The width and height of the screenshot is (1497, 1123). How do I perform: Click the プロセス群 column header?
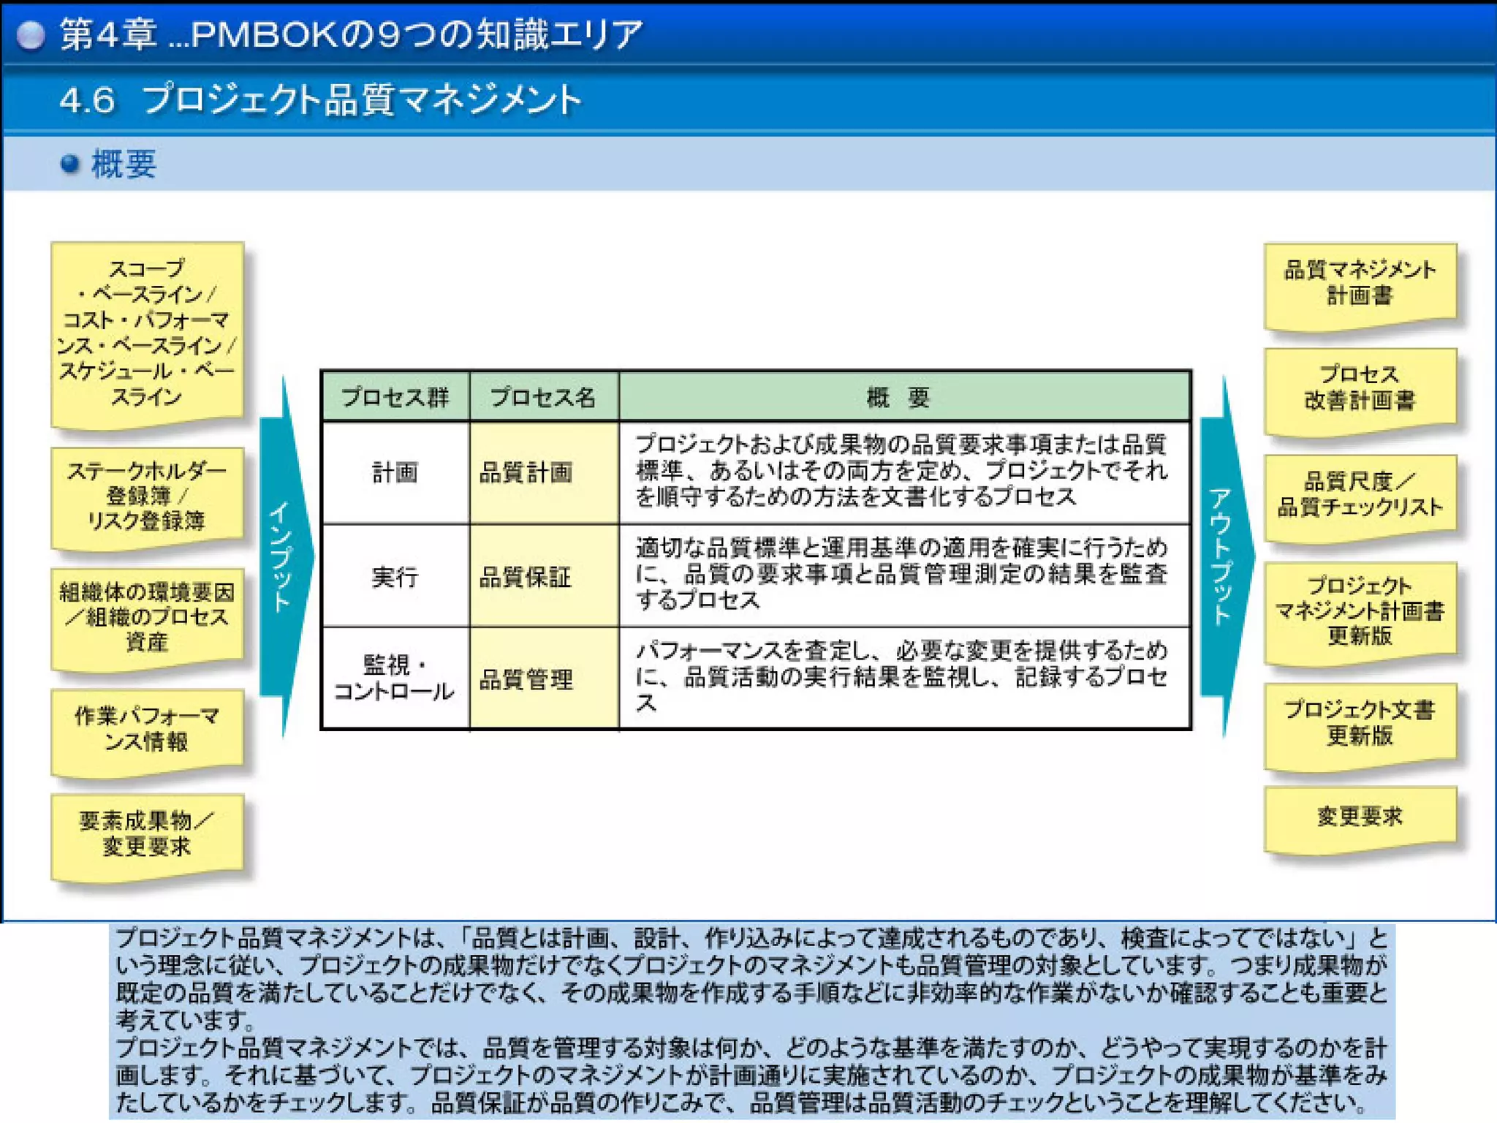(395, 397)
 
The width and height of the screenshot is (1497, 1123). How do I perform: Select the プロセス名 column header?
(543, 397)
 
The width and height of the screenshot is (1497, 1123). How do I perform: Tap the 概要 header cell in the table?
(898, 397)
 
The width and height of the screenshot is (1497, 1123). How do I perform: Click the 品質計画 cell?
(542, 472)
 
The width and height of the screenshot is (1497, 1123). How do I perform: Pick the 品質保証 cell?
(542, 577)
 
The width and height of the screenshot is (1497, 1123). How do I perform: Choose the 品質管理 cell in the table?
(542, 679)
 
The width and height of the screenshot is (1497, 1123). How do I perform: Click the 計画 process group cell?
(395, 472)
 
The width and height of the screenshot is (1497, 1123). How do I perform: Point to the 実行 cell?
(395, 577)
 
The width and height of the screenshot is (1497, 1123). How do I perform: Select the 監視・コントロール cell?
(395, 678)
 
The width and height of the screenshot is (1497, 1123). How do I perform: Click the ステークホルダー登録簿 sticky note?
(146, 496)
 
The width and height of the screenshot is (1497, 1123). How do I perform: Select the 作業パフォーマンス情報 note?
(146, 729)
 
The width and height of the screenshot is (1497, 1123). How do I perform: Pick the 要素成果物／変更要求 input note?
(146, 833)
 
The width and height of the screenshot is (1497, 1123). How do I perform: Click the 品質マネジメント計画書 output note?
(1360, 283)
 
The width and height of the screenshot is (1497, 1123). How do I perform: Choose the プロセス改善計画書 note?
(1360, 387)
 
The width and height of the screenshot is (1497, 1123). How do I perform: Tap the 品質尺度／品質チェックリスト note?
(1360, 495)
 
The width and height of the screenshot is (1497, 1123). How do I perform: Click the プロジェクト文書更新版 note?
(1360, 723)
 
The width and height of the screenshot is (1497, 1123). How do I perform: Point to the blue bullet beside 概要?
(70, 164)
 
